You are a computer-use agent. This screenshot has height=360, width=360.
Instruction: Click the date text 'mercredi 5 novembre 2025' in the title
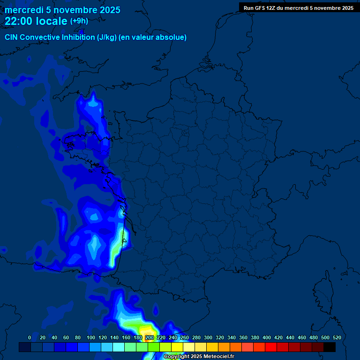click(62, 10)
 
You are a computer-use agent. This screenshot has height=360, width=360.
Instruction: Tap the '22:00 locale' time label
click(36, 21)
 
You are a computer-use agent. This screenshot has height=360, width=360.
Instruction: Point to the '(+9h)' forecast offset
click(79, 21)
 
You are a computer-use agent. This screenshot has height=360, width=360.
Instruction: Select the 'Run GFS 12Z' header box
click(299, 7)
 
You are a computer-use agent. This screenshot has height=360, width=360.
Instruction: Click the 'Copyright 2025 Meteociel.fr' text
click(199, 357)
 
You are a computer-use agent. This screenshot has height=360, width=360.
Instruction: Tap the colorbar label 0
click(30, 337)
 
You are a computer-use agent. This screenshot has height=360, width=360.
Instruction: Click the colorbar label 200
click(149, 337)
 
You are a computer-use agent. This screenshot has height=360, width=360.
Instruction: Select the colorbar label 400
click(267, 337)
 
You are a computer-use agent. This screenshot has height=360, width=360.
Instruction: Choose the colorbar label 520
click(337, 337)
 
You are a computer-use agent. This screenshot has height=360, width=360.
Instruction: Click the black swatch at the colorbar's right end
click(330, 347)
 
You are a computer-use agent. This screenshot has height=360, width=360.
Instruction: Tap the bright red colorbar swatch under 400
click(271, 347)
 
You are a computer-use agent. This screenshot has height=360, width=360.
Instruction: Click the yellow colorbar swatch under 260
click(177, 347)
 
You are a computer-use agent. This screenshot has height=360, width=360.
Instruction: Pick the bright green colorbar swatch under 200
click(153, 347)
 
